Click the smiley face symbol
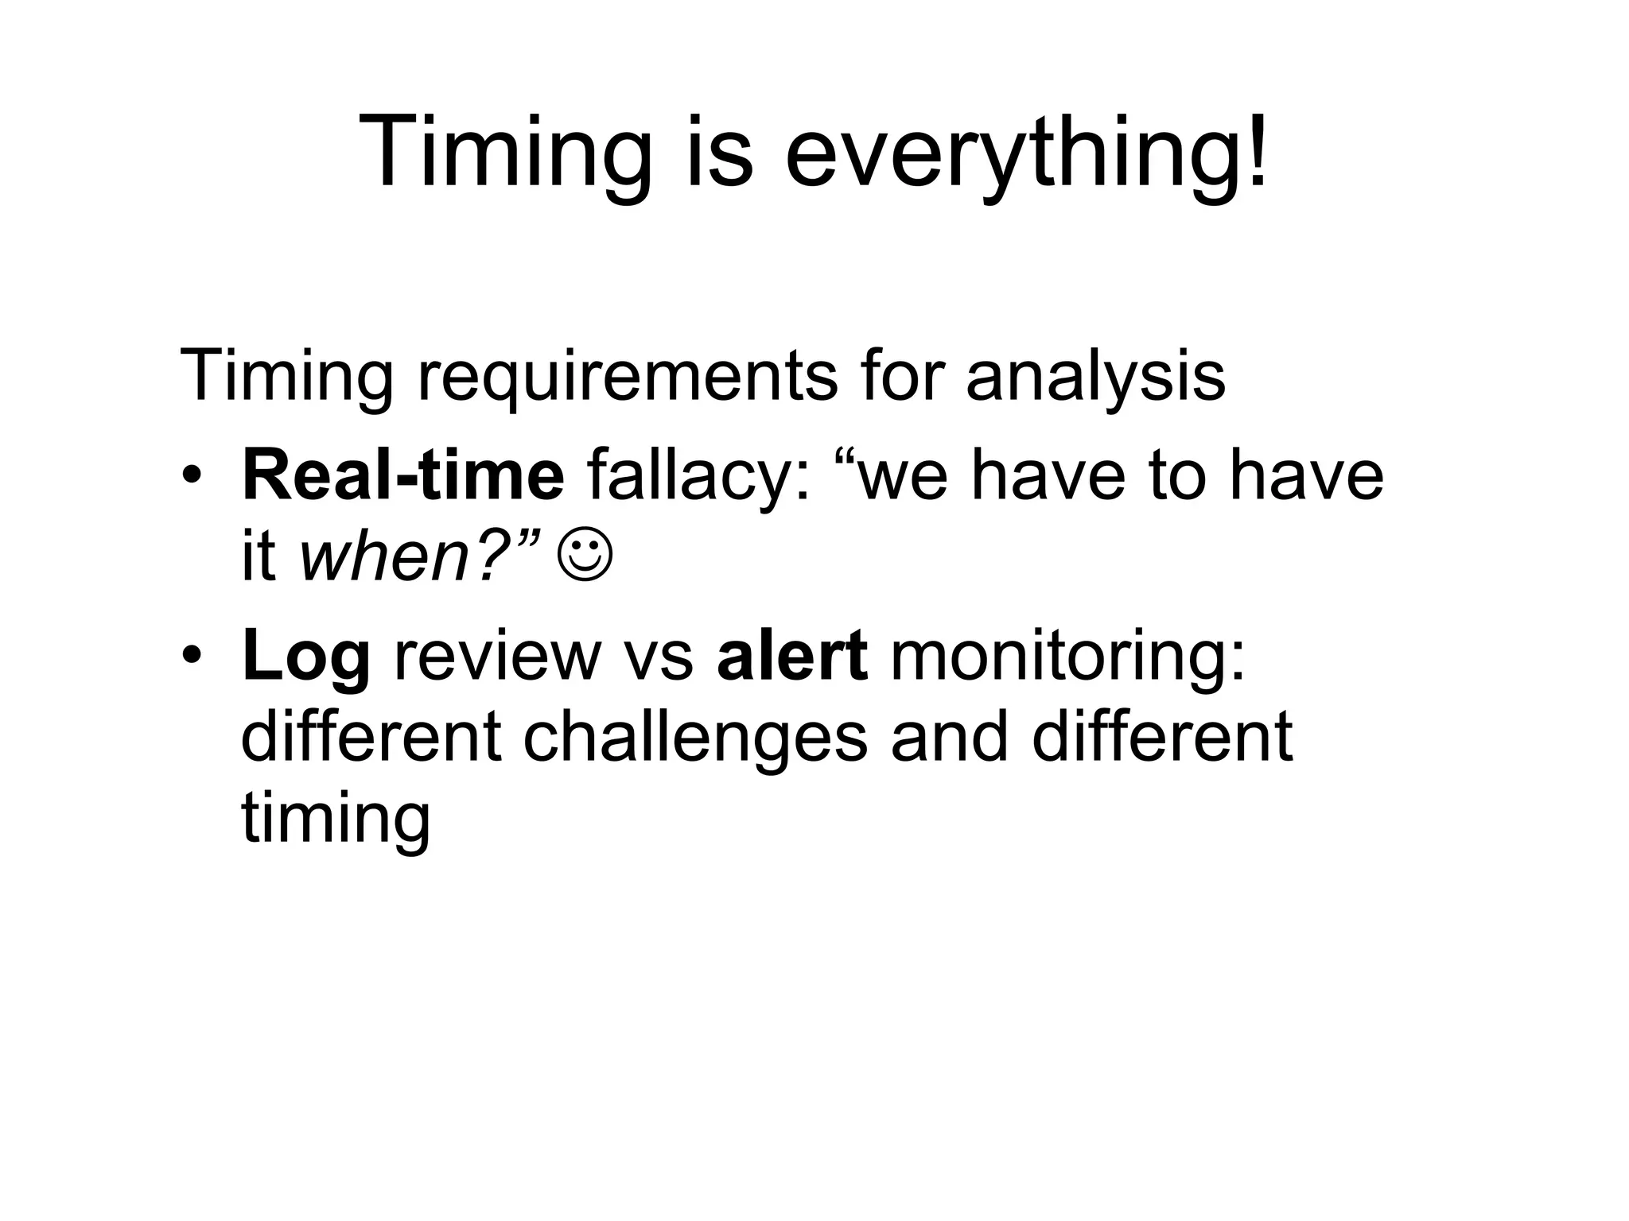[585, 557]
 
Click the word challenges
[695, 737]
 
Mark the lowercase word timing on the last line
[335, 819]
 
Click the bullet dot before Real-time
[192, 476]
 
